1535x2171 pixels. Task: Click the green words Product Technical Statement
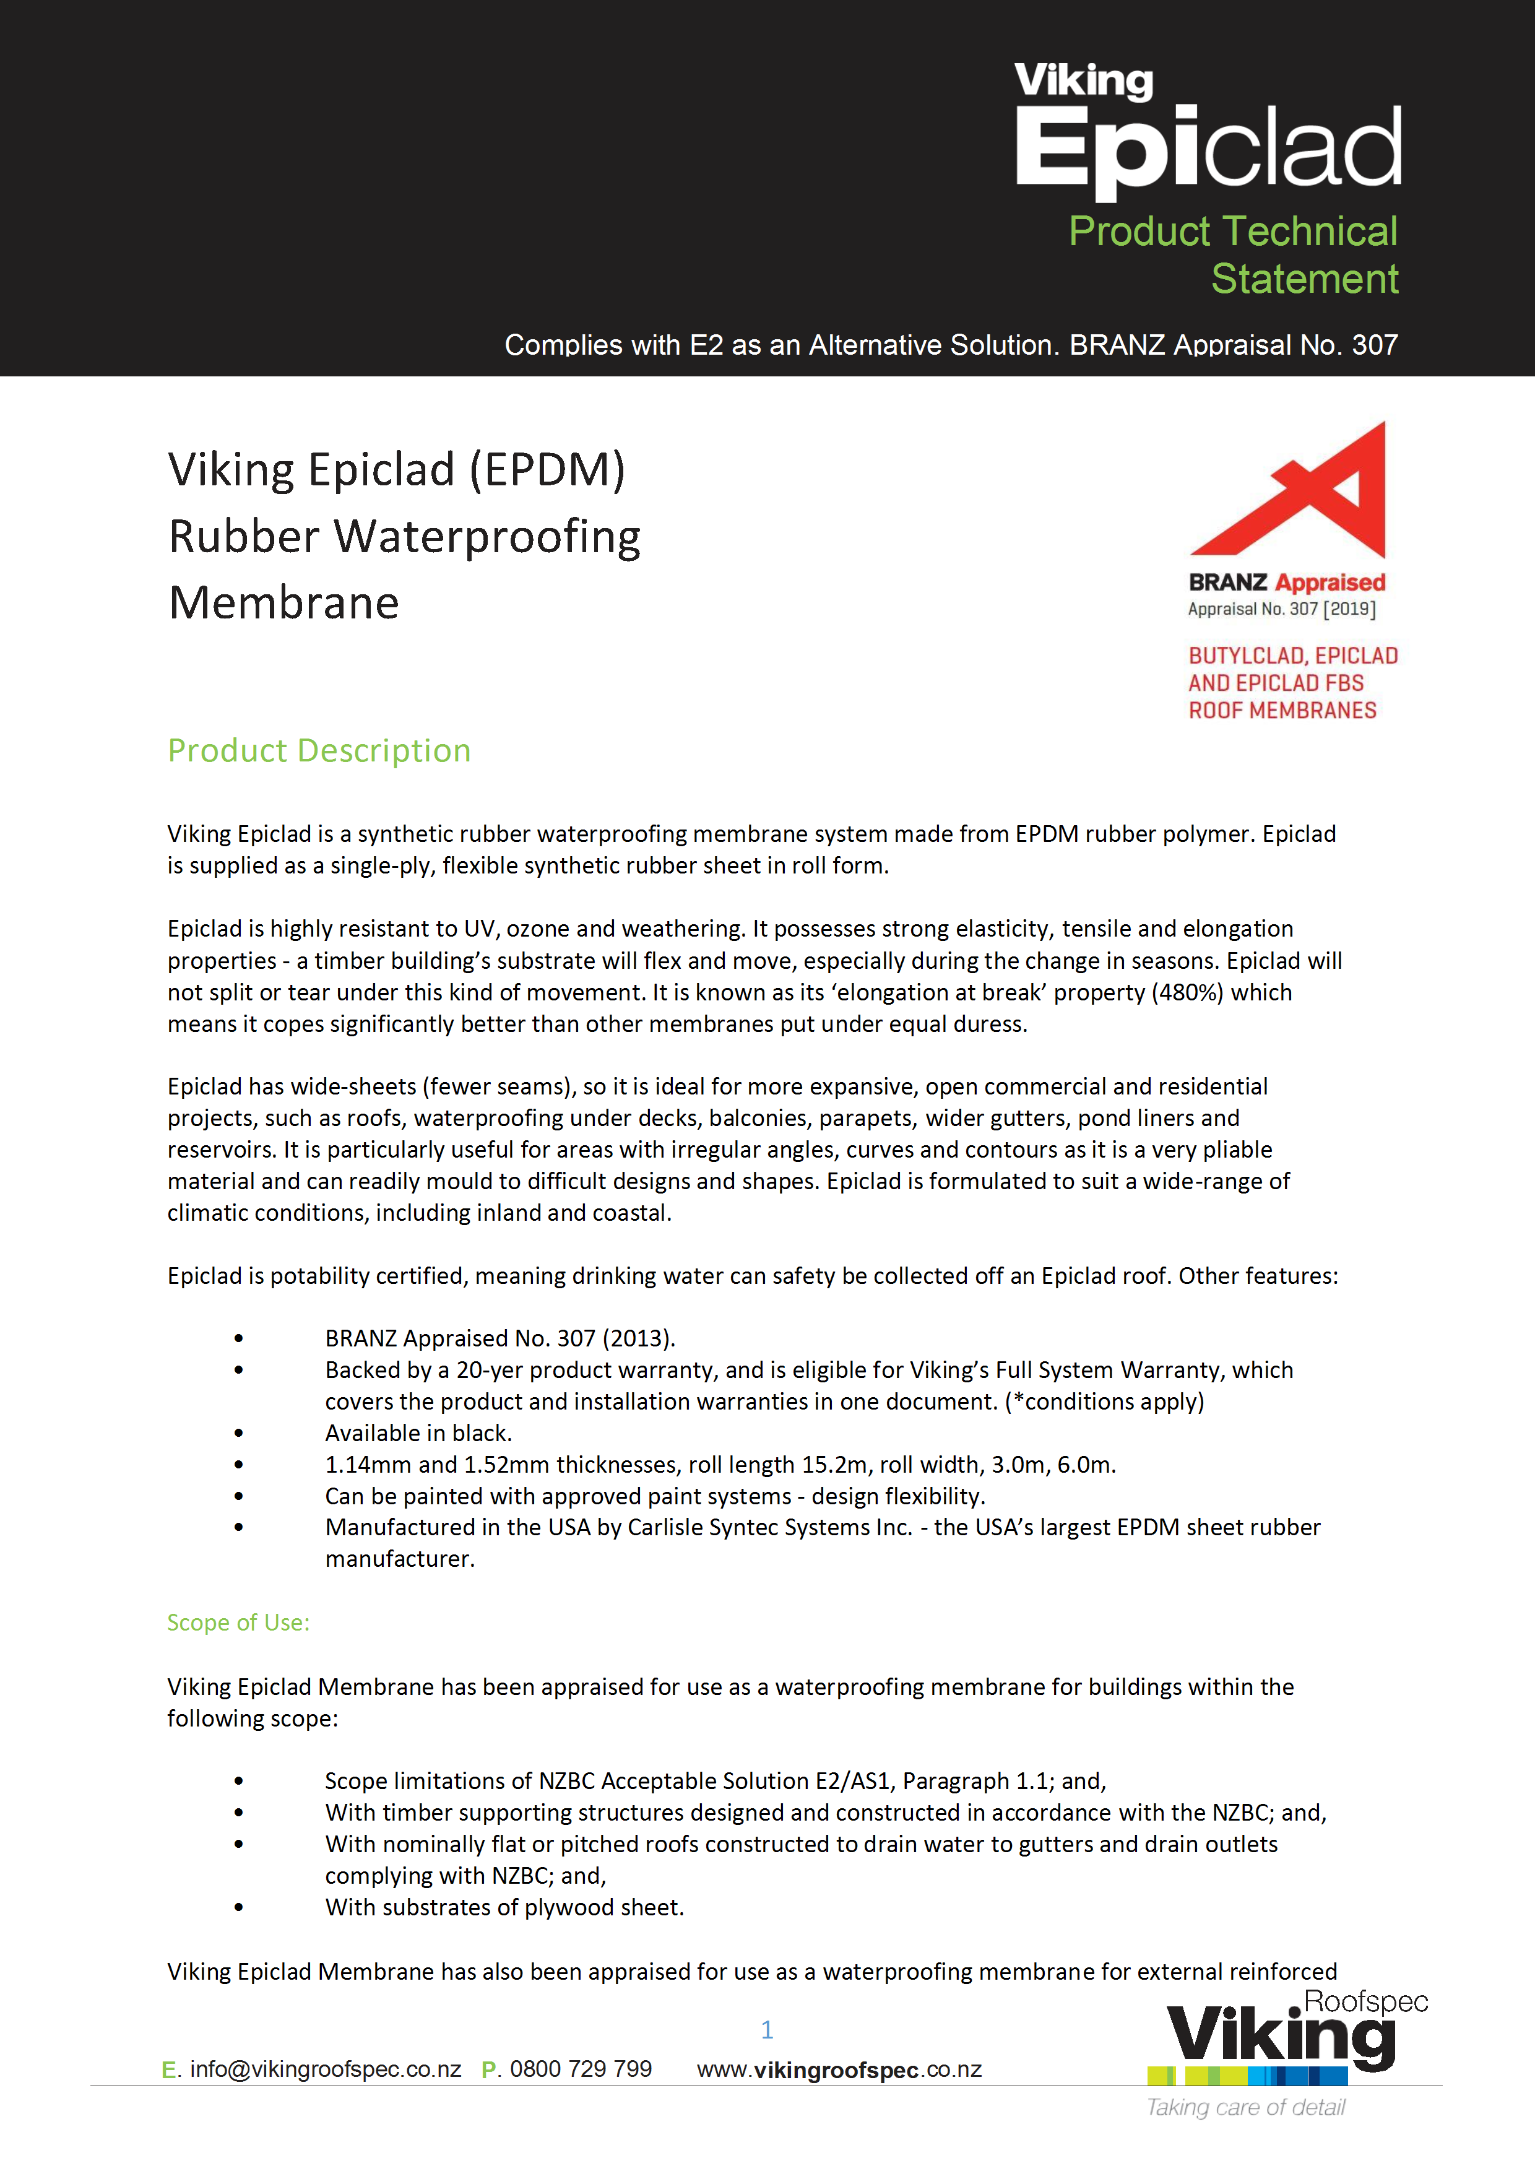coord(1234,254)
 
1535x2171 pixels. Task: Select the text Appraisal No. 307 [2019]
coord(1282,609)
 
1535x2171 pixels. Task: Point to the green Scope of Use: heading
coord(238,1622)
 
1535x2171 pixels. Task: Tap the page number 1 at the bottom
coord(767,2029)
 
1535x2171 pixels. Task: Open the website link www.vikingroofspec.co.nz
coord(839,2070)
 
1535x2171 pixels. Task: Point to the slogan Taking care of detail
coord(1246,2108)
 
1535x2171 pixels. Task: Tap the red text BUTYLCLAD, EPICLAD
coord(1293,656)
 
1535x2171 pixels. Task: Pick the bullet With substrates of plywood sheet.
coord(504,1907)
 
